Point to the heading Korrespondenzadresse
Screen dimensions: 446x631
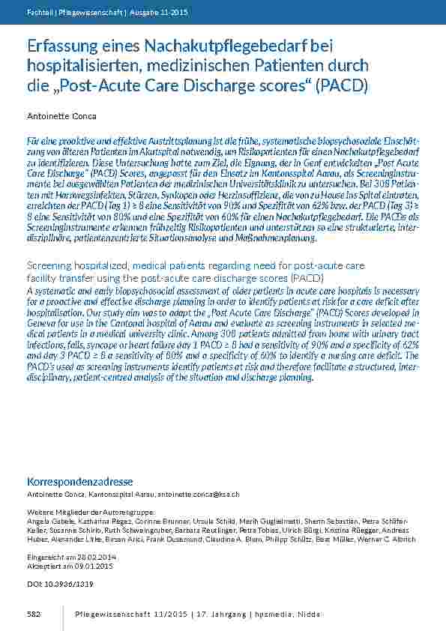point(80,481)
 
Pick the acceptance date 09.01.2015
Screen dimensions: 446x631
point(86,568)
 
